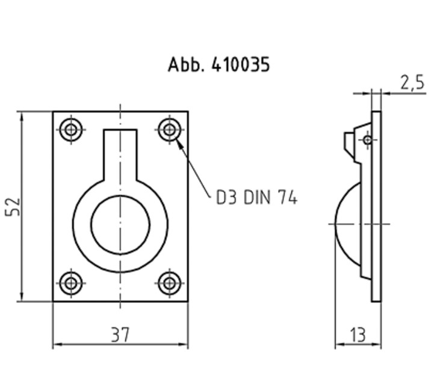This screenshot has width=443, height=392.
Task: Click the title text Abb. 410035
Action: pyautogui.click(x=218, y=65)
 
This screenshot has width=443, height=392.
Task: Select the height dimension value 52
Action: pyautogui.click(x=13, y=206)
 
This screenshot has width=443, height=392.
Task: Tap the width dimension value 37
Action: pyautogui.click(x=120, y=334)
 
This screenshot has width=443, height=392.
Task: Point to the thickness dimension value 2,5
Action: pyautogui.click(x=412, y=83)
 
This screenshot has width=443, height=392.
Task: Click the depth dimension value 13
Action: pyautogui.click(x=358, y=334)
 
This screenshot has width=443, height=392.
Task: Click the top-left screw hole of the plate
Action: pyautogui.click(x=72, y=129)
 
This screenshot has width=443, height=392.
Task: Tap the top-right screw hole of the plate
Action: pyautogui.click(x=169, y=129)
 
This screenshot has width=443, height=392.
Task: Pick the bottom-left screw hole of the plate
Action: pyautogui.click(x=72, y=282)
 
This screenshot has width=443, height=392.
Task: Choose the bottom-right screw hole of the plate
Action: pyautogui.click(x=169, y=282)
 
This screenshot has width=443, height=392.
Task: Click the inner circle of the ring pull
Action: pyautogui.click(x=120, y=224)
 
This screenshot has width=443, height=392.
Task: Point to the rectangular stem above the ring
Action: pyautogui.click(x=120, y=154)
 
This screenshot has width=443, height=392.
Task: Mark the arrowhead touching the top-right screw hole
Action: pyautogui.click(x=179, y=144)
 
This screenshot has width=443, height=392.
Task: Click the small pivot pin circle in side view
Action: pyautogui.click(x=367, y=140)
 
